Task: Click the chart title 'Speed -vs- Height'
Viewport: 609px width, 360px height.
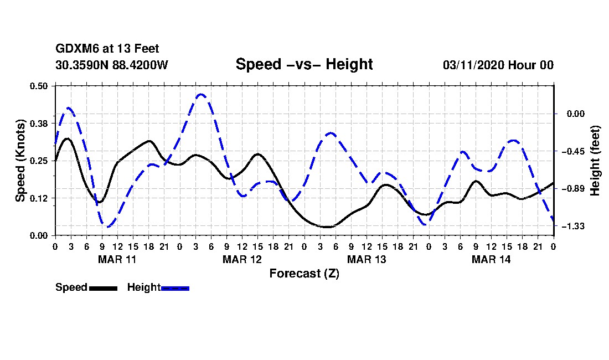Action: [304, 64]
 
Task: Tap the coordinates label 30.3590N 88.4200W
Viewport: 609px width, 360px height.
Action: [111, 65]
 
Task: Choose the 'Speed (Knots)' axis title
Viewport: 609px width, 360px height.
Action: [20, 160]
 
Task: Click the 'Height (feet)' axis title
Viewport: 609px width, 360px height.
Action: [595, 160]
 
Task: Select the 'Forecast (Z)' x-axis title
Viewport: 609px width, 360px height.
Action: [304, 274]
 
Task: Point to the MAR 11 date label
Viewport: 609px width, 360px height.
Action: [117, 259]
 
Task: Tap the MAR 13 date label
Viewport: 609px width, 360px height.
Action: [366, 259]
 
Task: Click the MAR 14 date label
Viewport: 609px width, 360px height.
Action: [491, 259]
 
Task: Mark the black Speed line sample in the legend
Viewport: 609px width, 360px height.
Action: [102, 288]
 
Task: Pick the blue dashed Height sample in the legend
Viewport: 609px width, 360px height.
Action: [175, 288]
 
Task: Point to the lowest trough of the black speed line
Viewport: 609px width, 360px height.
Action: [327, 227]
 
